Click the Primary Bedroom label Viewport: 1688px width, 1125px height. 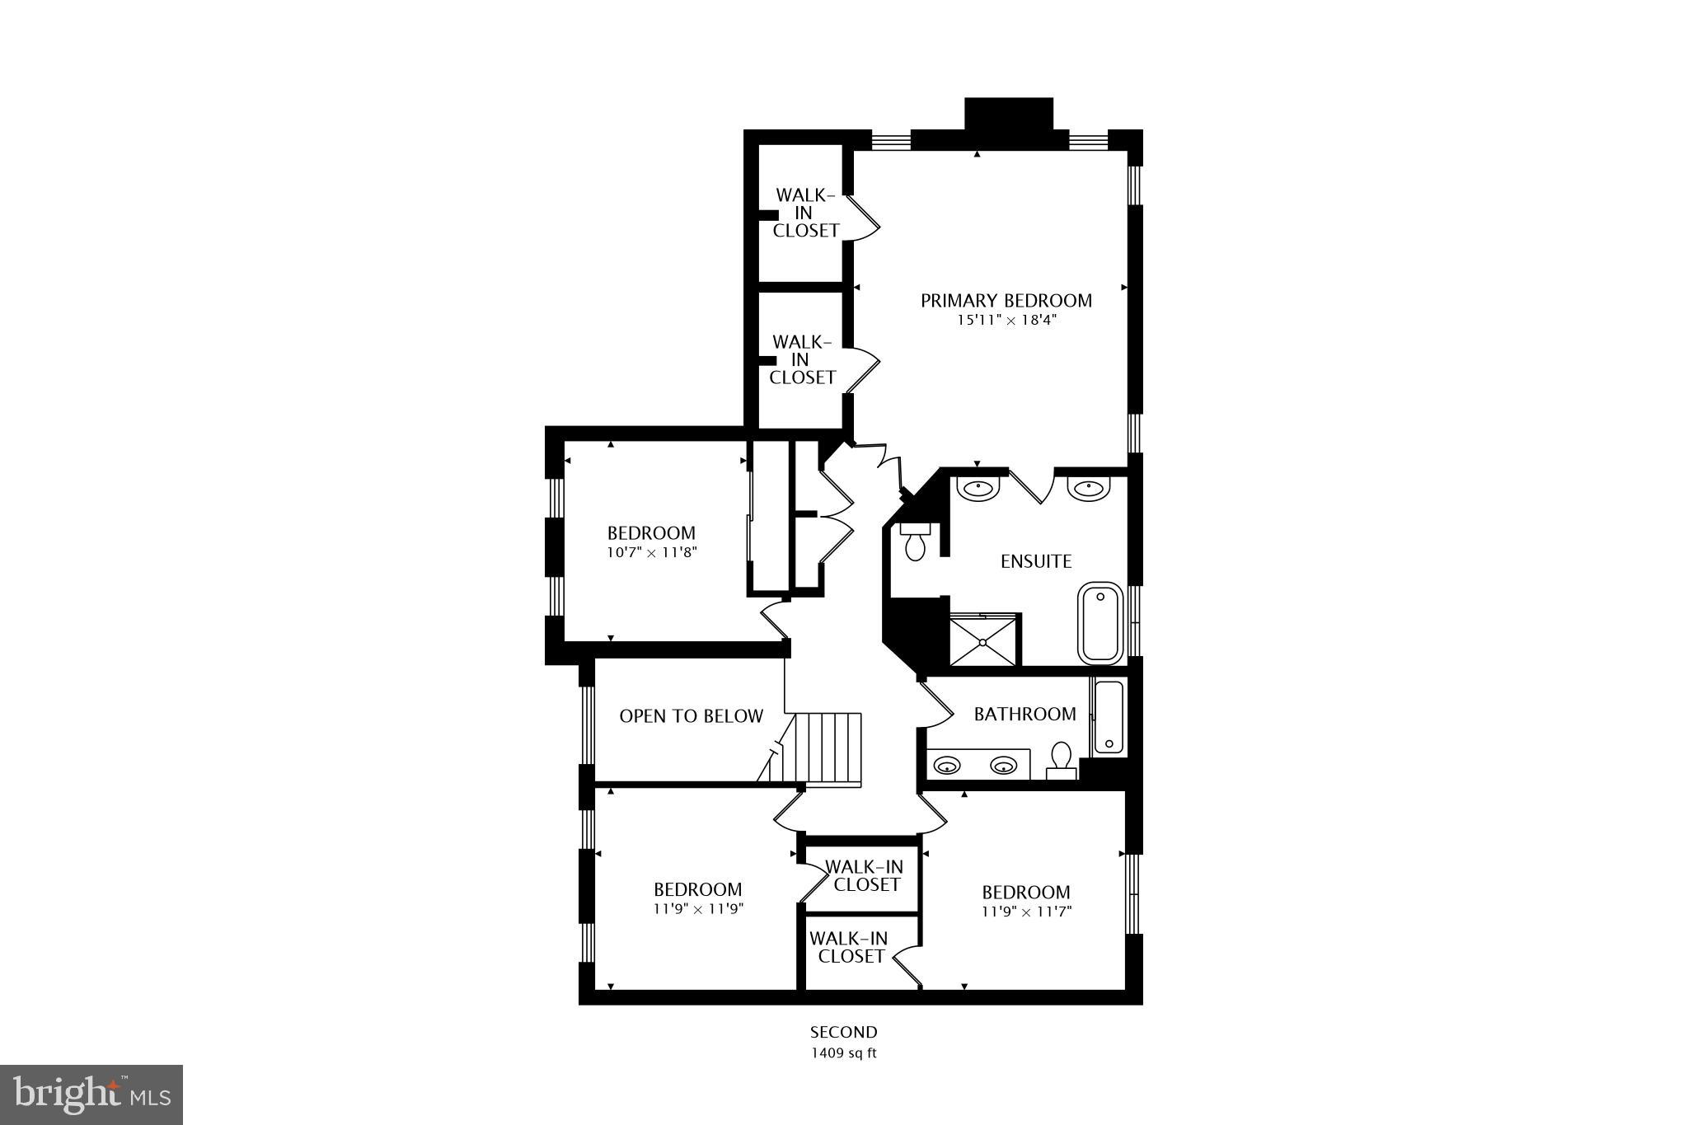click(1006, 301)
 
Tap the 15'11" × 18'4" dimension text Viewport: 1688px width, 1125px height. click(1006, 321)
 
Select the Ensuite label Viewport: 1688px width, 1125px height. click(1036, 561)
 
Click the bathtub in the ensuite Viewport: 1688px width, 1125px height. click(1100, 623)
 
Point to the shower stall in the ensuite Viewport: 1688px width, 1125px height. click(985, 640)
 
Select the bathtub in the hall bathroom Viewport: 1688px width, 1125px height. click(1109, 718)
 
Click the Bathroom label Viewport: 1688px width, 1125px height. click(1025, 714)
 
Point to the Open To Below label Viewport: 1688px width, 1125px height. click(691, 716)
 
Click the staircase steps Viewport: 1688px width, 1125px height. click(832, 749)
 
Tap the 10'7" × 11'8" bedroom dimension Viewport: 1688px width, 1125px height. click(652, 553)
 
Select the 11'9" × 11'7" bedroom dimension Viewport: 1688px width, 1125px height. click(1026, 912)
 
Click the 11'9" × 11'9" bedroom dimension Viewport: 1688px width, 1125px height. click(698, 910)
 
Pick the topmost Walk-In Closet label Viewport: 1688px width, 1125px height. click(805, 213)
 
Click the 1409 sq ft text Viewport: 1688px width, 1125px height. click(843, 1052)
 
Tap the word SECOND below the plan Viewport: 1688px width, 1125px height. click(843, 1032)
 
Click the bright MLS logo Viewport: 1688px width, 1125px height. click(91, 1095)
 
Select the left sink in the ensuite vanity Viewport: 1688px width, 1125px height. click(978, 489)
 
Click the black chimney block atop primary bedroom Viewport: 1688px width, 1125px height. click(1009, 115)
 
